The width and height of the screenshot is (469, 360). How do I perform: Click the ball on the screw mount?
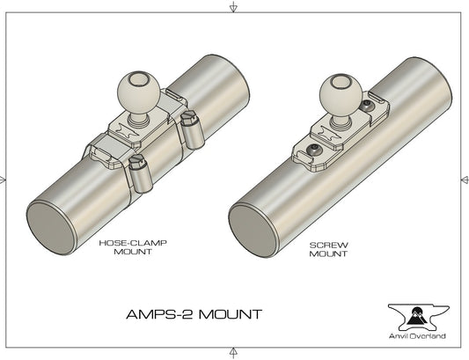pos(341,92)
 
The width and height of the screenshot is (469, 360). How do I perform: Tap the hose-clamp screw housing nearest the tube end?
pos(140,175)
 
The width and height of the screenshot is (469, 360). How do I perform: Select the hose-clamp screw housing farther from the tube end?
pos(192,130)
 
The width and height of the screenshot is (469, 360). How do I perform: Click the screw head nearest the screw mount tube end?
pos(314,149)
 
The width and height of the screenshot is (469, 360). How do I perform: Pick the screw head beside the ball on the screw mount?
pos(367,106)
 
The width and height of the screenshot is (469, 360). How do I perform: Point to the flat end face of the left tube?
pos(51,227)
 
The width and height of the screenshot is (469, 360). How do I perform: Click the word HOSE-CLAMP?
pos(133,243)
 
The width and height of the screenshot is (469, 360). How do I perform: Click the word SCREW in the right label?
pos(329,245)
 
